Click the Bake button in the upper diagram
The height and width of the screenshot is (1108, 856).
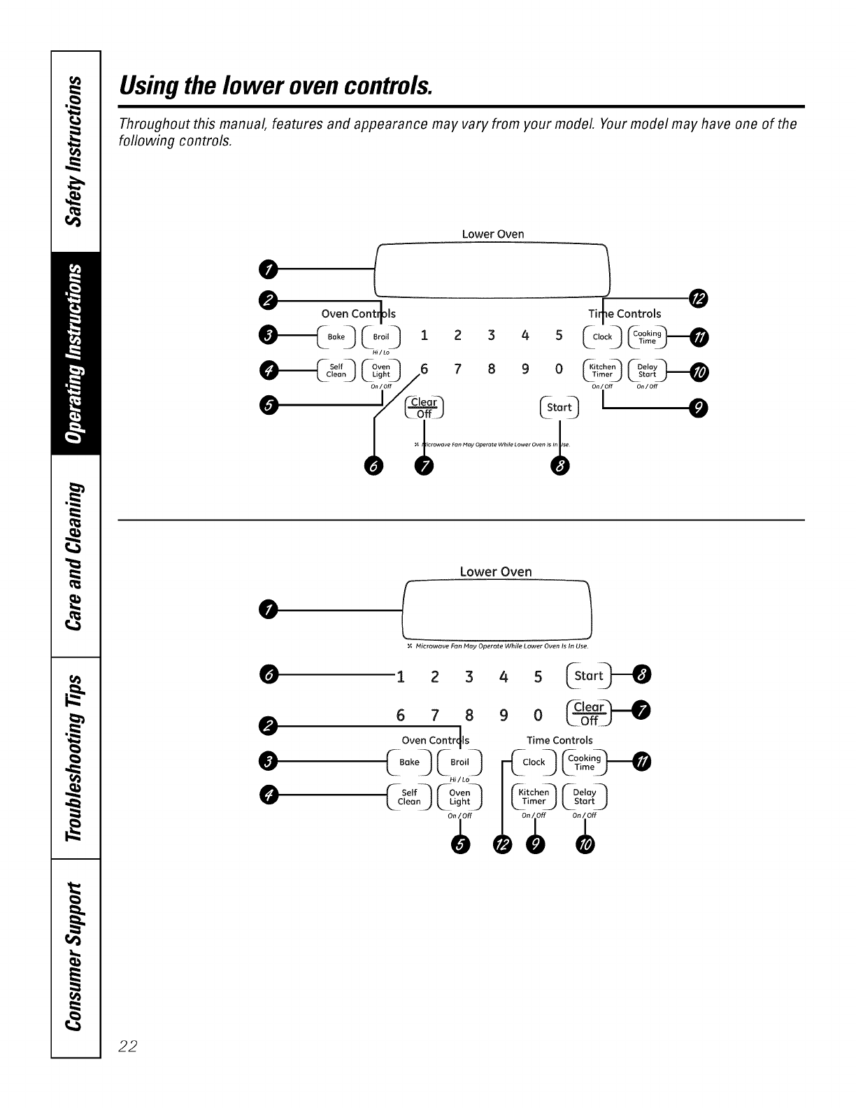336,337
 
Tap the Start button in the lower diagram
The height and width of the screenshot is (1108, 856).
588,676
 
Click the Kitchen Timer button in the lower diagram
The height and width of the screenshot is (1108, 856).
534,797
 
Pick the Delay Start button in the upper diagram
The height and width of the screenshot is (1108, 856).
648,370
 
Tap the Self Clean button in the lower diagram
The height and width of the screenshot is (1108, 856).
409,797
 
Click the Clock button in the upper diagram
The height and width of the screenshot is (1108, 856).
602,337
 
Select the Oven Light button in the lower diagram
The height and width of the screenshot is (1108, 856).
459,797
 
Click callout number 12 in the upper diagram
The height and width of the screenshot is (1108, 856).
698,299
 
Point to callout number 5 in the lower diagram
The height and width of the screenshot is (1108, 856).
459,845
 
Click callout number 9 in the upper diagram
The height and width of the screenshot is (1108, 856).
698,408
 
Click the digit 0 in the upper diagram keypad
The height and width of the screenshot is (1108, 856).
559,369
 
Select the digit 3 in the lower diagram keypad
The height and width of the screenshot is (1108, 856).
469,676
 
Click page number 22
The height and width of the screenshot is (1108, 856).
128,1046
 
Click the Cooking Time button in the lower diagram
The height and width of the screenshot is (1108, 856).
584,762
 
